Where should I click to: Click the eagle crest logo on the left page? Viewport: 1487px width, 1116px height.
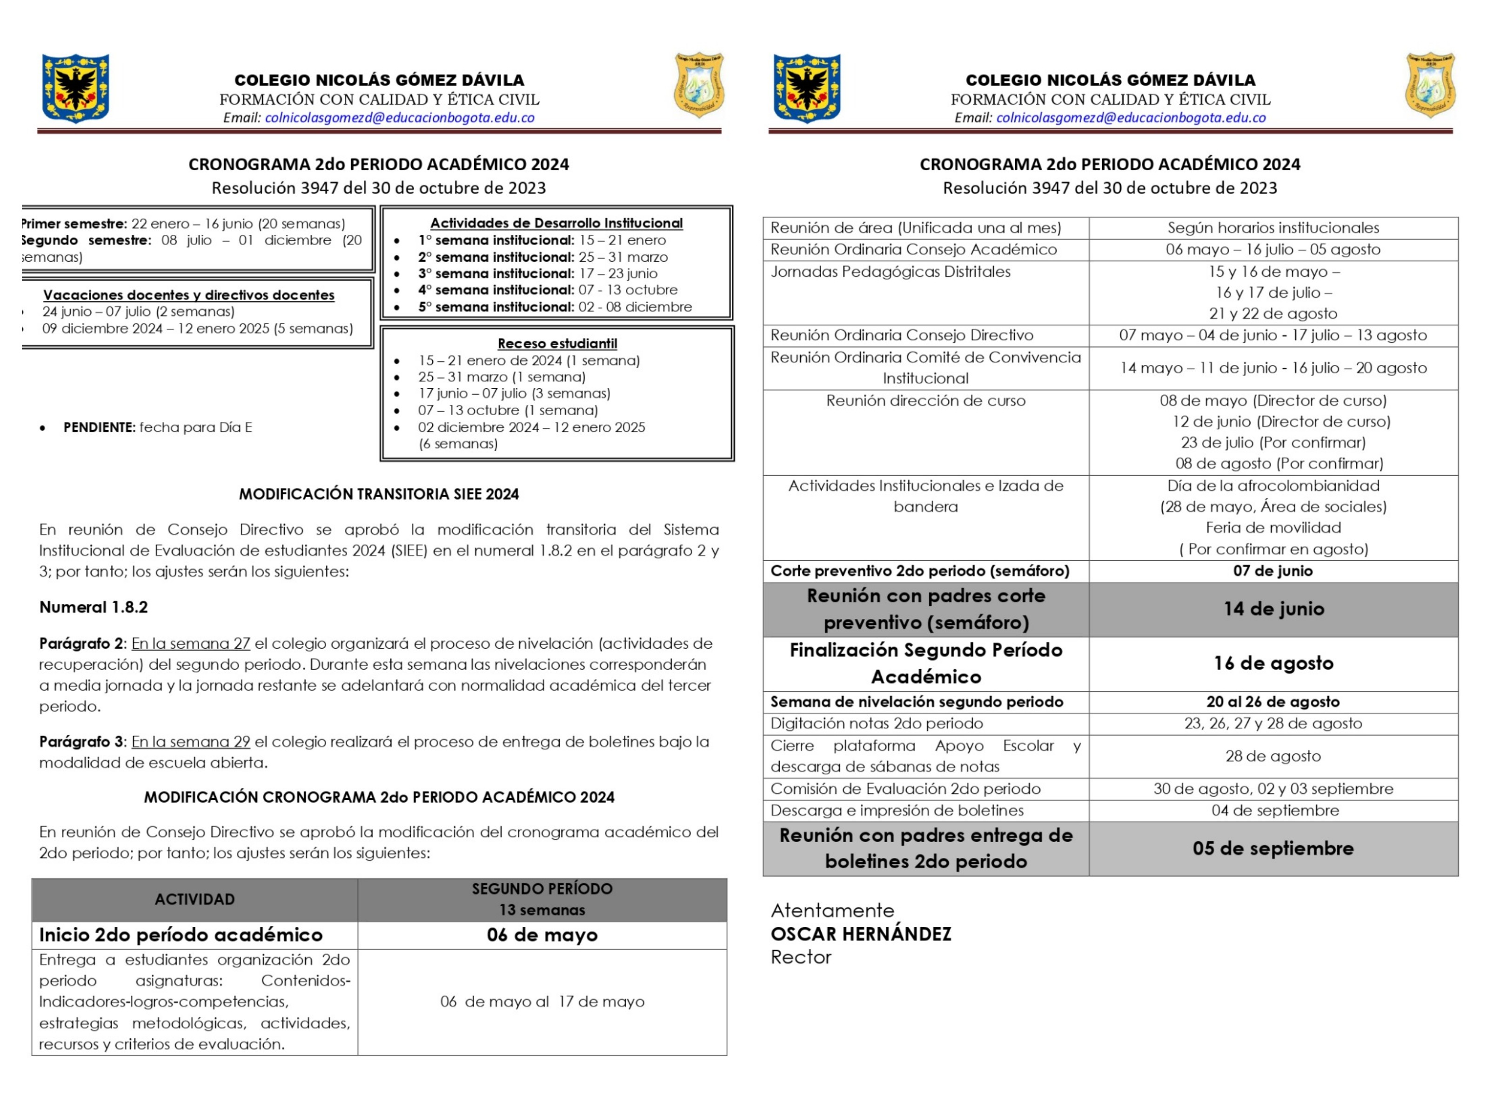[x=75, y=88]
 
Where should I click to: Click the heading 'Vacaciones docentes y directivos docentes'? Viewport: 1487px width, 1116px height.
[x=188, y=294]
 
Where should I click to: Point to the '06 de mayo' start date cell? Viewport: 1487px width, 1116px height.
[x=542, y=935]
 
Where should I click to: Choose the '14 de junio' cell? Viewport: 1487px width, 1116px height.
[x=1273, y=609]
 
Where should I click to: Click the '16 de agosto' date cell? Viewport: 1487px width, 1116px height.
[x=1273, y=663]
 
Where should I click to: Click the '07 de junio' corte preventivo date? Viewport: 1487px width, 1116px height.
[x=1273, y=571]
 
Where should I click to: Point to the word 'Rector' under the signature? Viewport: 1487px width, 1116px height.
[x=801, y=957]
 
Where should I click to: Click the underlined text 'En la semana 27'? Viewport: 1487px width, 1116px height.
[x=190, y=643]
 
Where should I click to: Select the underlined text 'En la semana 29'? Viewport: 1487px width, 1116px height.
[x=190, y=741]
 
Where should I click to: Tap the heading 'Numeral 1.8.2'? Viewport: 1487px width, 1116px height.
[x=94, y=607]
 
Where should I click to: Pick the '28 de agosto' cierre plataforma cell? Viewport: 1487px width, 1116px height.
[x=1273, y=756]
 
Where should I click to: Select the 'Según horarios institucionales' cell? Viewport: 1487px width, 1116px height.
[x=1273, y=228]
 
